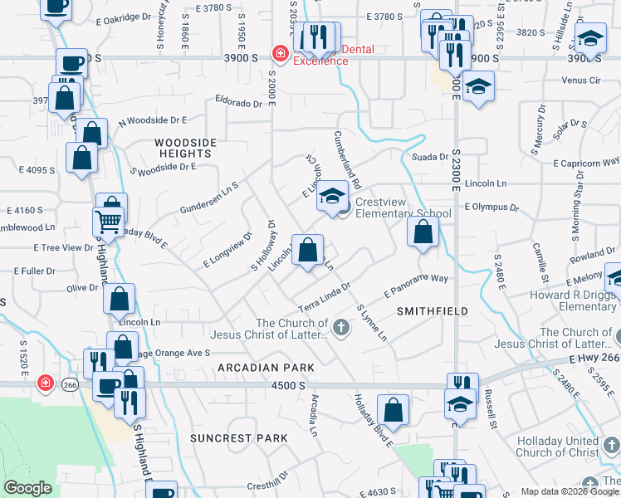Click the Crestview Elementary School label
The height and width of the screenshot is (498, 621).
click(403, 207)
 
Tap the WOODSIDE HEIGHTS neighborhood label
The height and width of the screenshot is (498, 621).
click(183, 148)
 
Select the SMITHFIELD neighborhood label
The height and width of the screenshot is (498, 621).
click(432, 311)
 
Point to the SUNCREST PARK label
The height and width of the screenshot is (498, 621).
click(238, 437)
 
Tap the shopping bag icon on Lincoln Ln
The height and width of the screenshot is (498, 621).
click(307, 250)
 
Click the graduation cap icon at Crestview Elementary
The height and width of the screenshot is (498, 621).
click(332, 197)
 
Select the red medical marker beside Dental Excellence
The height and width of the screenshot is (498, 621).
click(281, 54)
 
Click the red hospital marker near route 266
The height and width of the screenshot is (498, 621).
click(45, 384)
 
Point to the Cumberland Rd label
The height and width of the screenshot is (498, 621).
click(348, 159)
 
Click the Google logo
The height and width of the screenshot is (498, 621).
click(27, 488)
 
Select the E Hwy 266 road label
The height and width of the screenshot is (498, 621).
click(593, 358)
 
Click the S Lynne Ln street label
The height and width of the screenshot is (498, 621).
click(372, 324)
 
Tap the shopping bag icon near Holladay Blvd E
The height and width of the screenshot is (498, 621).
click(393, 410)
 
